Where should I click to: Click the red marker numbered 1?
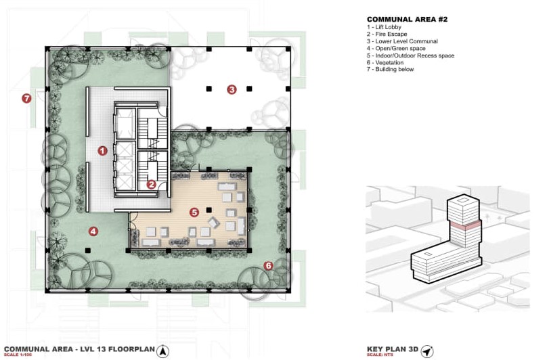[x=102, y=151]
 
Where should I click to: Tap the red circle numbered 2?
[x=151, y=184]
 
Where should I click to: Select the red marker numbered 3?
[x=232, y=89]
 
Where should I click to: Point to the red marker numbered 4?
[x=93, y=231]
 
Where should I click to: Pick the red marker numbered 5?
[x=194, y=212]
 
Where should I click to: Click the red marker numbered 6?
[x=268, y=266]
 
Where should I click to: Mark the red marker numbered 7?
[x=26, y=98]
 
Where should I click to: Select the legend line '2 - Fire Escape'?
[x=387, y=35]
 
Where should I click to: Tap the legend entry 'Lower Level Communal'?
[x=406, y=41]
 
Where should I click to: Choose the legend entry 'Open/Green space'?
[x=401, y=49]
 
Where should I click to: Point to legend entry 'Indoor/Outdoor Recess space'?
[x=415, y=55]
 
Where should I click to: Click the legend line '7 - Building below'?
[x=390, y=69]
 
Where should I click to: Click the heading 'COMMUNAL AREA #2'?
[x=407, y=20]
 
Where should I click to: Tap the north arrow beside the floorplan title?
[x=162, y=351]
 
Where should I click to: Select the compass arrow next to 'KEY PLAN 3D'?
[x=427, y=351]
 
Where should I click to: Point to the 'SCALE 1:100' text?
[x=18, y=355]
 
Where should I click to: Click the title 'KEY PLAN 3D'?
[x=393, y=349]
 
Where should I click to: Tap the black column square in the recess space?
[x=209, y=210]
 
